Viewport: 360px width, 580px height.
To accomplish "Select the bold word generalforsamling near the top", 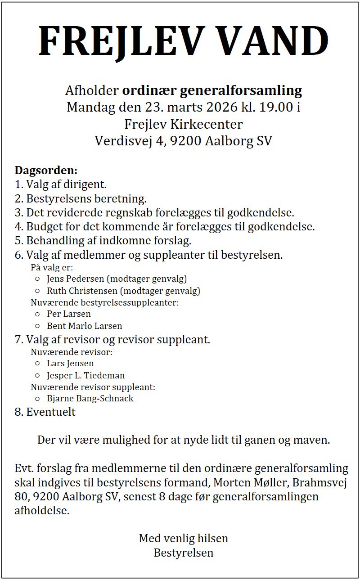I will [x=241, y=90].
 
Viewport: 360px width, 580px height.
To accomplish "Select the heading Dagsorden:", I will [x=46, y=171].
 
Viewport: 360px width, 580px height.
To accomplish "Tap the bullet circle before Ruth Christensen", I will [x=37, y=291].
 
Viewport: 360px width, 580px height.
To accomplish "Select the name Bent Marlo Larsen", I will [x=84, y=326].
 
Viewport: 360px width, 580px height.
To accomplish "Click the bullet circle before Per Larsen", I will [x=37, y=314].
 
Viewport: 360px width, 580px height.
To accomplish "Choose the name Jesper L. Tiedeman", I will [x=85, y=375].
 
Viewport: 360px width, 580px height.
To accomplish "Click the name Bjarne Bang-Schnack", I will [x=90, y=399].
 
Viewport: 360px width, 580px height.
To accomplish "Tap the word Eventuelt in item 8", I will [x=51, y=412].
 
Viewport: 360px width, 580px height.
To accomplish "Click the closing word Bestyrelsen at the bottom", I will [x=184, y=553].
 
